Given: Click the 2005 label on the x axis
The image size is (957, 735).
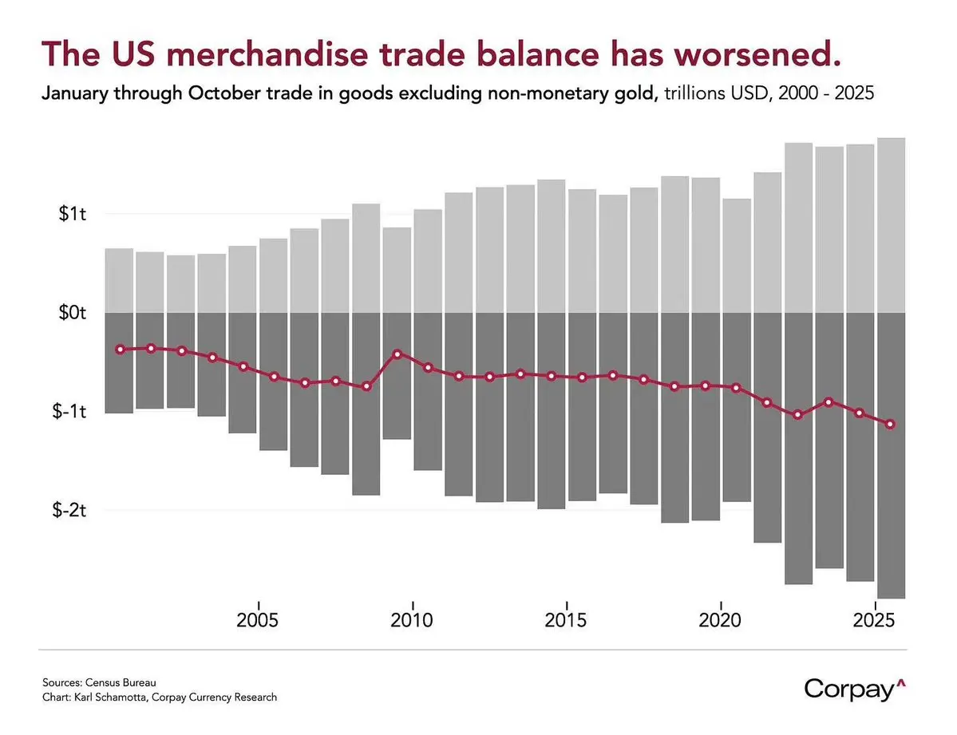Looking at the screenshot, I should coord(258,620).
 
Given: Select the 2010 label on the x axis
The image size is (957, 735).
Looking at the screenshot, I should coord(412,620).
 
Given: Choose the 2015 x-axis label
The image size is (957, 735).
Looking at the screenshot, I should coord(567,620).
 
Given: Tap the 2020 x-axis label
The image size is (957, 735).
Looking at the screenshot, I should coord(721,620).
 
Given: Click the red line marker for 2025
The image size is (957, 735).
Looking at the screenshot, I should coord(891,424).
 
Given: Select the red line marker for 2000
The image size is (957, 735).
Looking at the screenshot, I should coord(120,349).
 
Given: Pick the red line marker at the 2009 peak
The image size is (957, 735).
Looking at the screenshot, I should coord(397,353).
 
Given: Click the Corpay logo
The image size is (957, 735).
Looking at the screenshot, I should coord(855,688).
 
